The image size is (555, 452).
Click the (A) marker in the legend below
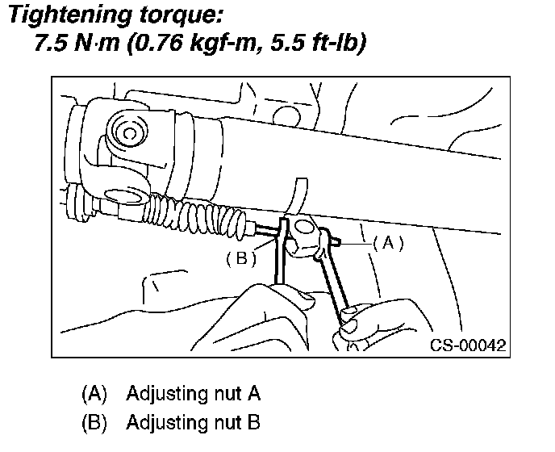coord(94,395)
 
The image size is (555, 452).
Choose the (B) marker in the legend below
coord(94,421)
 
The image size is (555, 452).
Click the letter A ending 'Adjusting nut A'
coord(253,395)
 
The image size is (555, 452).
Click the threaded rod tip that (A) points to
coord(342,241)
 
